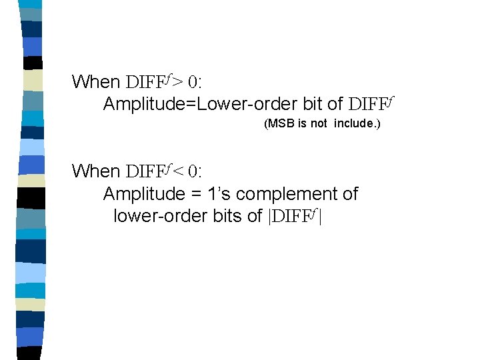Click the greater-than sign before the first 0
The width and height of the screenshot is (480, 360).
[177, 83]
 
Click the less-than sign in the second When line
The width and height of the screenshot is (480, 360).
[177, 172]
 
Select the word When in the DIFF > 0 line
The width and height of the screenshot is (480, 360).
[95, 82]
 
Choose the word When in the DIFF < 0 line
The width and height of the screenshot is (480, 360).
[95, 171]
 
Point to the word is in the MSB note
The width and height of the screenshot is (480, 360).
[303, 124]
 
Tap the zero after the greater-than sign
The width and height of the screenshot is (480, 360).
[193, 83]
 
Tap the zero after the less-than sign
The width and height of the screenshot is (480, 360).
[193, 172]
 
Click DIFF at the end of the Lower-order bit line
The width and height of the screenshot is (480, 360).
[371, 104]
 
